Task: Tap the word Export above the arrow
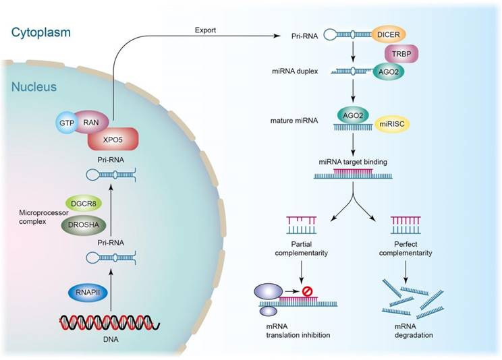206,30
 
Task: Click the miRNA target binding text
353,161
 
